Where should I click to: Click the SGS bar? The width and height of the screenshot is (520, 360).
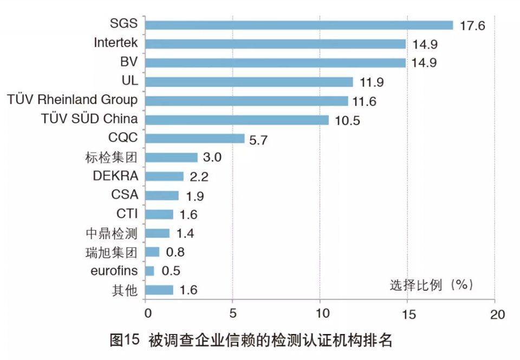299,25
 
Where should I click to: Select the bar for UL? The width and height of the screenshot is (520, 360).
249,82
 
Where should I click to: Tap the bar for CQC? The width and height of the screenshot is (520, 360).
195,139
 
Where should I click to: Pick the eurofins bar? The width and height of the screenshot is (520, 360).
150,271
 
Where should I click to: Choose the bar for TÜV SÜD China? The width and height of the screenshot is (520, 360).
237,120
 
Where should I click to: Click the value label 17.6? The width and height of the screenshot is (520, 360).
472,26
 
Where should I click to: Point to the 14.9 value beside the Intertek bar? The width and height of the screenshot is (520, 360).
425,44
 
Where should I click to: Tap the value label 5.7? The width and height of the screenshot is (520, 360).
259,140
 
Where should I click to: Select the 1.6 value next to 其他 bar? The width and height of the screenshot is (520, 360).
188,290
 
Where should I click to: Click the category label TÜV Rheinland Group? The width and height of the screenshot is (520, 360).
73,100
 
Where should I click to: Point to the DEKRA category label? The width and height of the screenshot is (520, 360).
115,176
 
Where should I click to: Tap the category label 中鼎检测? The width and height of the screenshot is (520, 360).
112,233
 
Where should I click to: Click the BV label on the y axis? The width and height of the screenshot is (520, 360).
129,62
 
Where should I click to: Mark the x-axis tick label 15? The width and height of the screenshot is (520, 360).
407,314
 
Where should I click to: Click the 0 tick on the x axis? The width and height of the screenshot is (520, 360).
146,314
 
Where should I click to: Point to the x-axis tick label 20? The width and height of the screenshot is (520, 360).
495,314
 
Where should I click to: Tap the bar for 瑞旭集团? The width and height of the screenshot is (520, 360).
153,252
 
